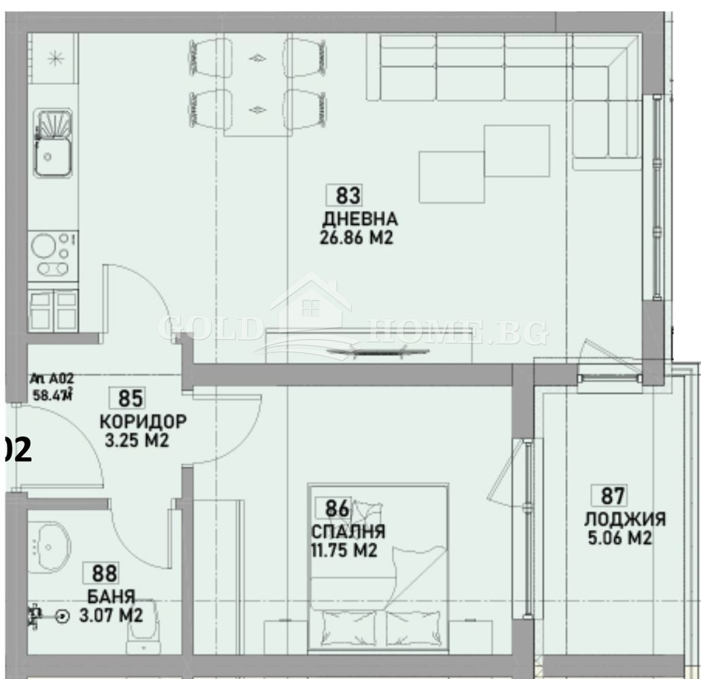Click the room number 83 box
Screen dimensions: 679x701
pos(347,196)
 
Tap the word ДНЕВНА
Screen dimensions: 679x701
pos(360,219)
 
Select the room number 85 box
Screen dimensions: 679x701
pos(130,397)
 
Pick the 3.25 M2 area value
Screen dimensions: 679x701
pos(137,441)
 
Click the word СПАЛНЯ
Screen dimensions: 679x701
pos(348,531)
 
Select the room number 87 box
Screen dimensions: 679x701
pos(609,495)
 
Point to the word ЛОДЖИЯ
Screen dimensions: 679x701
pos(624,519)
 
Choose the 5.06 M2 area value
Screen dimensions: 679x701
pos(619,539)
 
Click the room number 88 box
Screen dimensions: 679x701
pos(104,573)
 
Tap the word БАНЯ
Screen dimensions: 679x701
pos(111,597)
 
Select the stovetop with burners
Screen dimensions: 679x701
pos(53,256)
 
